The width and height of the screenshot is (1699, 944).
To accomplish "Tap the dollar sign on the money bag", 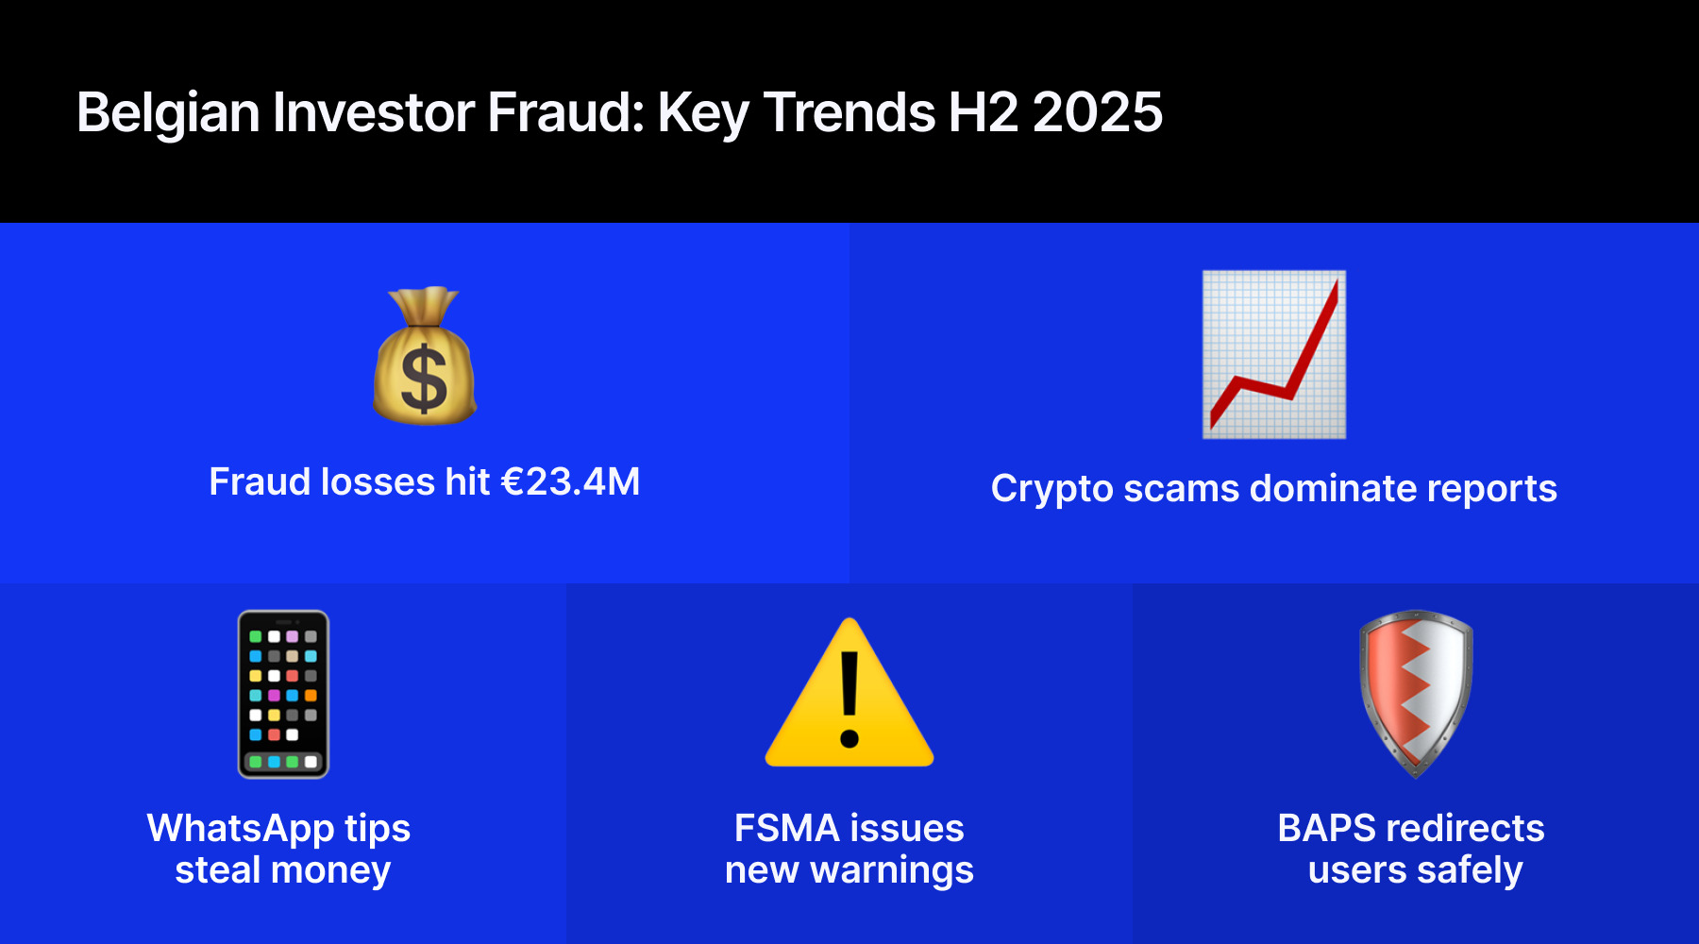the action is click(x=424, y=379).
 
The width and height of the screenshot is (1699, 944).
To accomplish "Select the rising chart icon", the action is click(x=1274, y=355).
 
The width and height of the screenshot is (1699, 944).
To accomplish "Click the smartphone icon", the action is click(x=283, y=694).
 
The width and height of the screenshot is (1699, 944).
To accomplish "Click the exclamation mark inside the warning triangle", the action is click(x=849, y=700).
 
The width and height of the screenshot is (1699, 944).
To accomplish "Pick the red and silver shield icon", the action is click(x=1416, y=694).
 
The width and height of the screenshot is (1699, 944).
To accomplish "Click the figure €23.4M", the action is click(x=570, y=482).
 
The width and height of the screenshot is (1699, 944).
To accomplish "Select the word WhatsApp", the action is click(x=241, y=829).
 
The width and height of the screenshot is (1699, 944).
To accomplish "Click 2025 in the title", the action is click(x=1098, y=112).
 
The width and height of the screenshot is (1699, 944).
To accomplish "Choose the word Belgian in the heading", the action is click(x=168, y=114).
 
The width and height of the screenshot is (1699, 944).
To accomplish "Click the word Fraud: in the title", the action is click(x=566, y=112).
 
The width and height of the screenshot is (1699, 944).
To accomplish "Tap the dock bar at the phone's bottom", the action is click(x=283, y=761).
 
